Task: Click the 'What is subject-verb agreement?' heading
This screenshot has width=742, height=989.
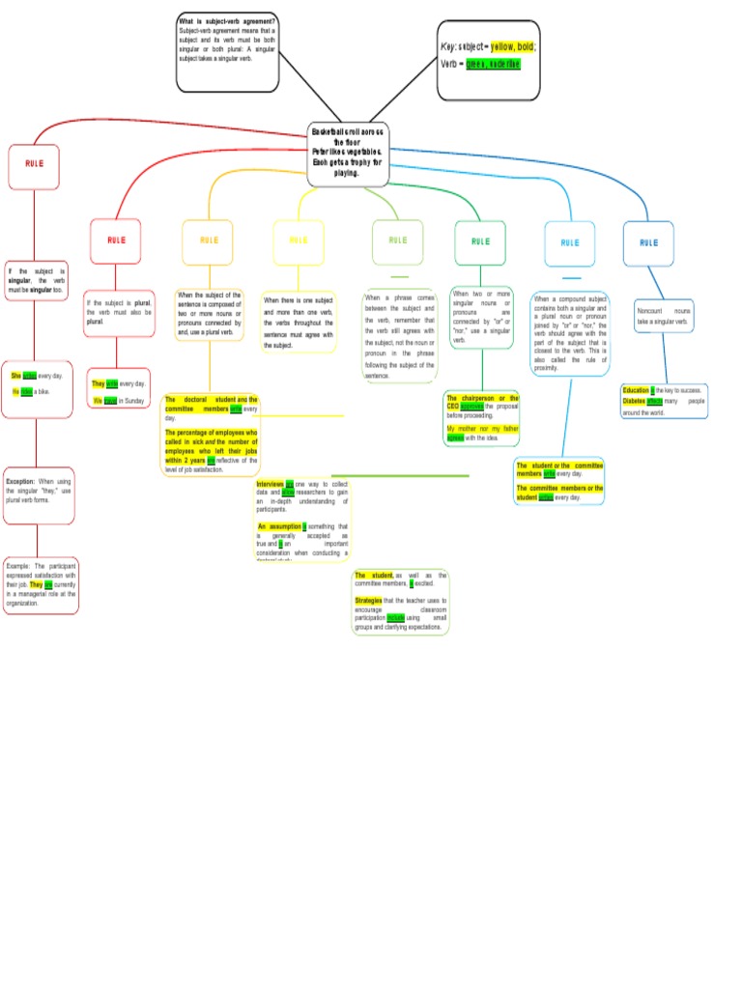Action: coord(227,20)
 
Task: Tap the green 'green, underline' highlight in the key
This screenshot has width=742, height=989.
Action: coord(494,64)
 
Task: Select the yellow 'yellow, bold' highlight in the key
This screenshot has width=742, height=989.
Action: coord(514,45)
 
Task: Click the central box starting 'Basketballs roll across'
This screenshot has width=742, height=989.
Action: coord(348,153)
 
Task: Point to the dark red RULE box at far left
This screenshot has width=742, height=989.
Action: coord(34,165)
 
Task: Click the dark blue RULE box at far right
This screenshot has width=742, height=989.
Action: coord(648,242)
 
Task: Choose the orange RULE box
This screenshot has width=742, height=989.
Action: coord(208,240)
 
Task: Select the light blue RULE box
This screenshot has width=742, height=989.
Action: coord(570,242)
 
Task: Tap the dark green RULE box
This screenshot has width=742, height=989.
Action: coord(480,241)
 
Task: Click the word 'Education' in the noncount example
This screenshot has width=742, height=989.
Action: coord(636,391)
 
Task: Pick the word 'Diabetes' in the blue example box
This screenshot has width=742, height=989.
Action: coord(634,401)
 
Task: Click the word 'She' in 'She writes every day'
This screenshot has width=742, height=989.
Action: coord(16,375)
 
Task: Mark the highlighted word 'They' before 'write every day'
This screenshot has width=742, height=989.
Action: coord(99,383)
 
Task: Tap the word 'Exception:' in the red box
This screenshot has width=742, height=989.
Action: coord(20,481)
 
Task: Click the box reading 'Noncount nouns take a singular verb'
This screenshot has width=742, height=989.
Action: coord(664,316)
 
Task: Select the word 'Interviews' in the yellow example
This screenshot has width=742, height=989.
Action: coord(270,483)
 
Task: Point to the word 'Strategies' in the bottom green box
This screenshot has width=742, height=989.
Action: coord(368,600)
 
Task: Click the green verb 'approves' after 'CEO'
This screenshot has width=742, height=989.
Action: coord(471,407)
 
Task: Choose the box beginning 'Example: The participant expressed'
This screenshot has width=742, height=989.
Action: coord(41,584)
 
